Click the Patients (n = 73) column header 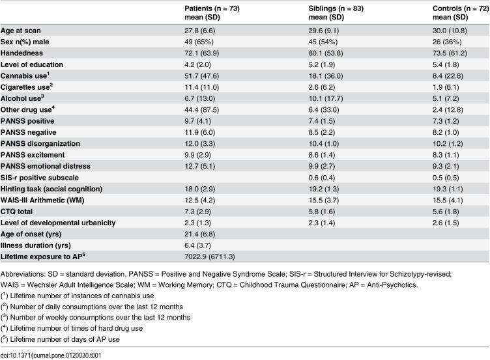click(x=212, y=13)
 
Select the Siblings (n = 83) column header click(x=336, y=13)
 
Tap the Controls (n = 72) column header click(x=461, y=13)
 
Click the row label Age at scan click(x=21, y=31)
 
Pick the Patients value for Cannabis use click(x=201, y=76)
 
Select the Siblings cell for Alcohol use click(x=326, y=99)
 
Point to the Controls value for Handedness click(x=450, y=53)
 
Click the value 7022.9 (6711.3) click(x=210, y=256)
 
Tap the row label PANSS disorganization click(x=40, y=144)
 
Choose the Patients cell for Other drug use click(x=201, y=110)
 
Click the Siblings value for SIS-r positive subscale click(x=322, y=178)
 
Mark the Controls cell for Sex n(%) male click(x=447, y=42)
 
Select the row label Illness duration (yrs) click(x=36, y=245)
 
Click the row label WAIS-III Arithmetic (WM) click(x=42, y=200)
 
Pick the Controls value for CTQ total click(x=446, y=212)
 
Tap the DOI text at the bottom click(x=51, y=355)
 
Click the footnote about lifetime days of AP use click(x=60, y=339)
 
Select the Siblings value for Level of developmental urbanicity click(x=322, y=223)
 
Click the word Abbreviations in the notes click(x=23, y=274)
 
